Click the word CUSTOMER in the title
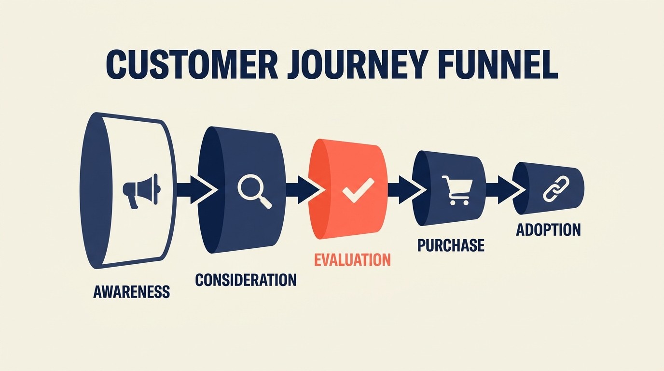[192, 65]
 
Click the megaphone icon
[141, 191]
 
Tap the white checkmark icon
[358, 190]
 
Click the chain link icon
[556, 189]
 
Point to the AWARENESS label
[132, 292]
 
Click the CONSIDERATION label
[246, 280]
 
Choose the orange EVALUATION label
[352, 260]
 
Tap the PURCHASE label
[451, 245]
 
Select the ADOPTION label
[548, 230]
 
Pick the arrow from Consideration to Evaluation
[304, 190]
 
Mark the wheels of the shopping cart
[459, 202]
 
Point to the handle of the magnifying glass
[265, 202]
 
